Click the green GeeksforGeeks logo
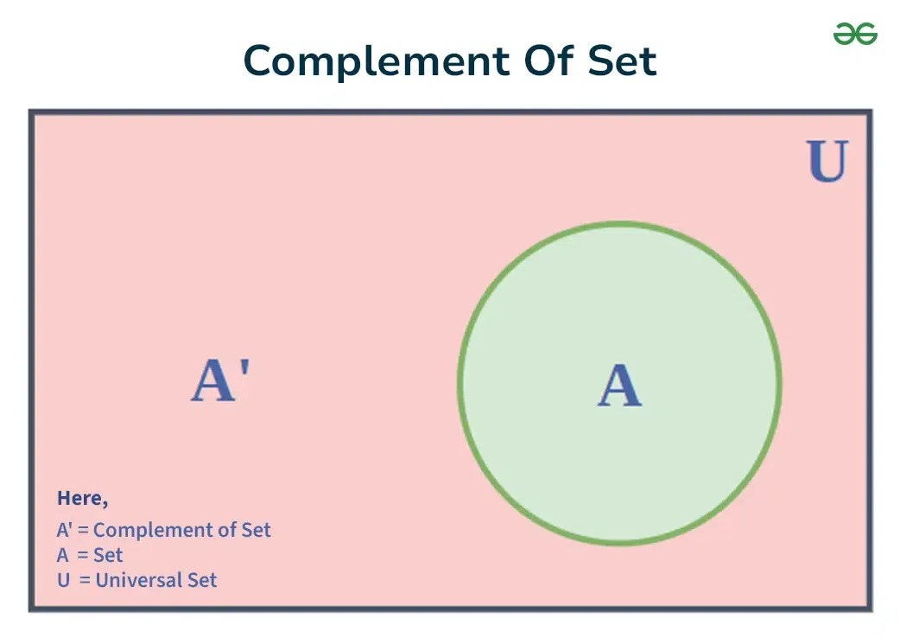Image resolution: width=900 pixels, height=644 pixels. tap(855, 35)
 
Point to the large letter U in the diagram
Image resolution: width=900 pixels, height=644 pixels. tap(827, 162)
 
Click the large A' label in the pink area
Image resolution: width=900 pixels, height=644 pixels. tap(220, 381)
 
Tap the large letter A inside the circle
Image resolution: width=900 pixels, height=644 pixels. tap(619, 386)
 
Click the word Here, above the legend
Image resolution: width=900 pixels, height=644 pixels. tap(82, 499)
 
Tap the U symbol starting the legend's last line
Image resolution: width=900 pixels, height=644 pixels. tap(63, 580)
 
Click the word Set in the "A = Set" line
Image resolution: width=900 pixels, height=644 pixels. tap(108, 555)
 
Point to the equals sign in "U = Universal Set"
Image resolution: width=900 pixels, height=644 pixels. tap(85, 580)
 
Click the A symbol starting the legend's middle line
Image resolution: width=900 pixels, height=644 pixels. tap(63, 555)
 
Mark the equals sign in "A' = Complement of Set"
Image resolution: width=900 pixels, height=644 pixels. tap(83, 530)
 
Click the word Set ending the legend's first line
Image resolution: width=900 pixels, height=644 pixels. tap(257, 530)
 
